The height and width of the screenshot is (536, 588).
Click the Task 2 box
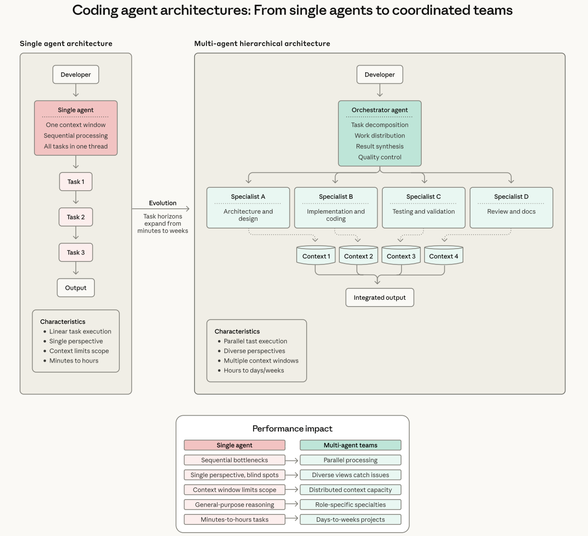pyautogui.click(x=76, y=217)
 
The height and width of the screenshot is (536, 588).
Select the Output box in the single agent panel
pyautogui.click(x=76, y=288)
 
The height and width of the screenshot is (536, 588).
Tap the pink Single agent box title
pyautogui.click(x=76, y=110)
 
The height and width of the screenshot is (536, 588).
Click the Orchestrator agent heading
pyautogui.click(x=380, y=110)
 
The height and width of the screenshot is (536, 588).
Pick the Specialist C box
pyautogui.click(x=424, y=207)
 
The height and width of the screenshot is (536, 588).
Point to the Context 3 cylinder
pyautogui.click(x=401, y=256)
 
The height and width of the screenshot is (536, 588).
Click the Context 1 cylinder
pyautogui.click(x=316, y=256)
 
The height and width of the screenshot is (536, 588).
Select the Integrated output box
pyautogui.click(x=380, y=297)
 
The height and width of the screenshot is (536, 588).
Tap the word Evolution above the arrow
pyautogui.click(x=162, y=203)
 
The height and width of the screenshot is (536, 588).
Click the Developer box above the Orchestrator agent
pyautogui.click(x=380, y=75)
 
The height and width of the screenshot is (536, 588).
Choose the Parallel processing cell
pyautogui.click(x=350, y=460)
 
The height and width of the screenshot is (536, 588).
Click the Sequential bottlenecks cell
pyautogui.click(x=234, y=460)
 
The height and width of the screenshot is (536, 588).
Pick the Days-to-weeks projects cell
pyautogui.click(x=350, y=520)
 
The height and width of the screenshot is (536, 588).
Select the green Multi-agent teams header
pyautogui.click(x=350, y=445)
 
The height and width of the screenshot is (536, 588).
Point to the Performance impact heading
pyautogui.click(x=292, y=429)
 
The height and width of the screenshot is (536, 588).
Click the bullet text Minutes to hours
pyautogui.click(x=74, y=361)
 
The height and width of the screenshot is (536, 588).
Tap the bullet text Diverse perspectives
pyautogui.click(x=254, y=351)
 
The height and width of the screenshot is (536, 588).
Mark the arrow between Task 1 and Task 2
pyautogui.click(x=76, y=198)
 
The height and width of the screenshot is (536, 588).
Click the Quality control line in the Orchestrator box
pyautogui.click(x=380, y=157)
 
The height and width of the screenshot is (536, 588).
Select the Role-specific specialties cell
pyautogui.click(x=350, y=505)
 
